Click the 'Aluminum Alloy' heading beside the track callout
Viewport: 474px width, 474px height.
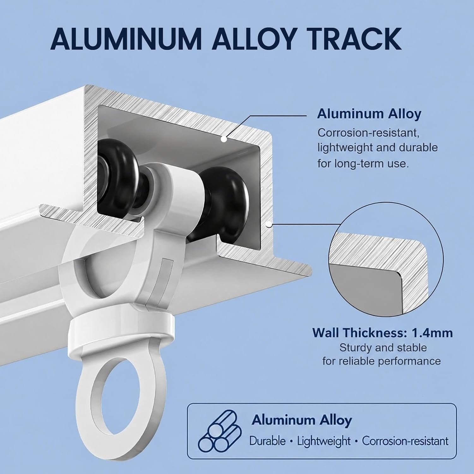369,114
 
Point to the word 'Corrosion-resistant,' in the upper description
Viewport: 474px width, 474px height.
369,133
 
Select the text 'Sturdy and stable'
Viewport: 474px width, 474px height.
383,348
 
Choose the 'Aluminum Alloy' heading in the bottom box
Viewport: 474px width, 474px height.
302,420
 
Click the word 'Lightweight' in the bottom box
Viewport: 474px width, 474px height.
324,441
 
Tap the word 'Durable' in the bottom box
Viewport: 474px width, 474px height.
267,441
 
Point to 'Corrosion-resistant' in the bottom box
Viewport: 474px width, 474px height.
405,441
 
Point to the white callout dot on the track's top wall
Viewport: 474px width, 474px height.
223,139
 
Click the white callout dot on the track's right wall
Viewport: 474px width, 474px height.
268,225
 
